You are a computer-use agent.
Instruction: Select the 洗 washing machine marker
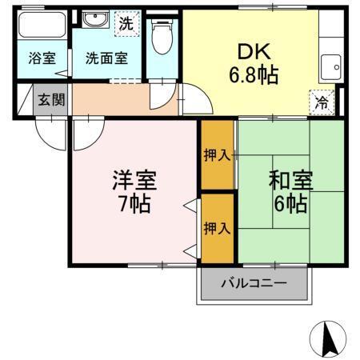(126, 24)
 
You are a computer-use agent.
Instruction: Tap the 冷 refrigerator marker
(320, 102)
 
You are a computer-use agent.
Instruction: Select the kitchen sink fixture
(330, 65)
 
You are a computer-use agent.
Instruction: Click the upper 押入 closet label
(217, 154)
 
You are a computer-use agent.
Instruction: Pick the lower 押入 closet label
(217, 228)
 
